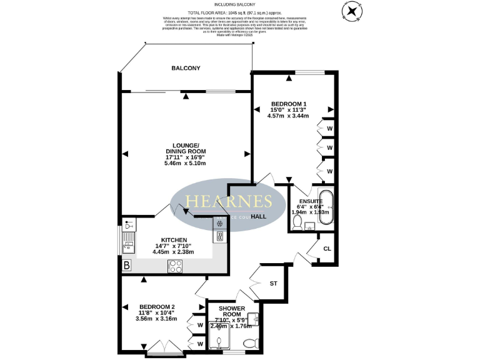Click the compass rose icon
[x=352, y=11]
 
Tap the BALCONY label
[x=186, y=68]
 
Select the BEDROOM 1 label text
[x=288, y=103]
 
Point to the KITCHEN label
[x=174, y=240]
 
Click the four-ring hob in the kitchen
[x=176, y=266]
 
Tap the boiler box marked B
[x=127, y=266]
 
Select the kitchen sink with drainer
[x=128, y=241]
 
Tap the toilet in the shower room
[x=251, y=343]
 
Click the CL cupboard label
[x=327, y=249]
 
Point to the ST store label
[x=273, y=284]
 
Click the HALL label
[x=258, y=216]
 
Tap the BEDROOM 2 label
[x=157, y=306]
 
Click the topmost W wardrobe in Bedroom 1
[x=329, y=128]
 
